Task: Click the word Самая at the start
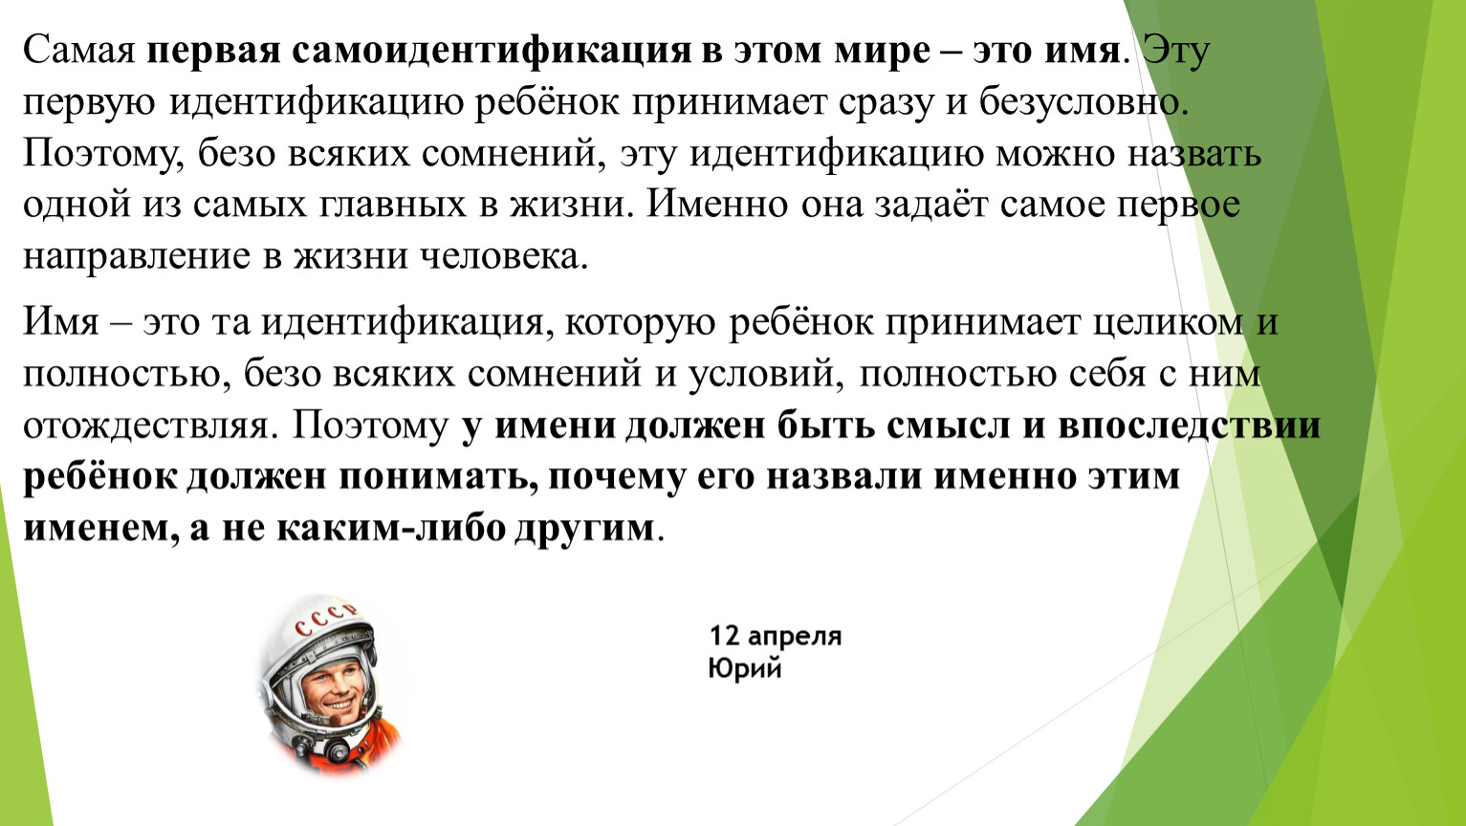79,51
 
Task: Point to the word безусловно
1083,102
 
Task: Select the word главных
393,206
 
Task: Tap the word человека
504,256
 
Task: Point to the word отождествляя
146,426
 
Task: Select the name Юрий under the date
746,669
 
